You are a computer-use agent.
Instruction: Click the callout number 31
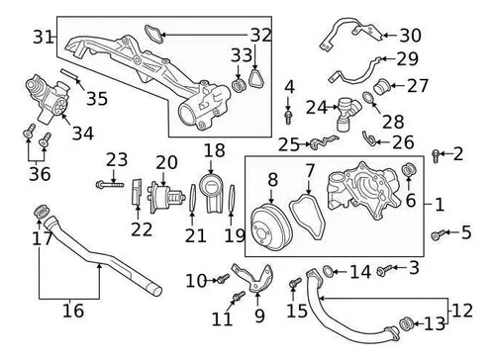(x=43, y=37)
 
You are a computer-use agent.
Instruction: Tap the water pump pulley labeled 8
(x=271, y=227)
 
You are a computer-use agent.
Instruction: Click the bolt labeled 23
(x=110, y=185)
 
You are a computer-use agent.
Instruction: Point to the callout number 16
(x=73, y=311)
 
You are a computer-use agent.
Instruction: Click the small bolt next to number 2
(x=436, y=155)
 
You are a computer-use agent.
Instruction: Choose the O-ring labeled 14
(x=328, y=271)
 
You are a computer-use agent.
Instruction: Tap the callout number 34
(x=83, y=134)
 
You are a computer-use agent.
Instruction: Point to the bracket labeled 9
(x=254, y=278)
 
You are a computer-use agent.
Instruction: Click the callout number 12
(x=462, y=311)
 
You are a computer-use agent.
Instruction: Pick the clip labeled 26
(x=369, y=139)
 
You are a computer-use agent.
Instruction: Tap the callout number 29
(x=408, y=59)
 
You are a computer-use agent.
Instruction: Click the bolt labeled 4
(x=288, y=117)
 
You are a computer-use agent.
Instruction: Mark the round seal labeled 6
(x=409, y=170)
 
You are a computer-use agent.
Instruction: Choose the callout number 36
(x=40, y=174)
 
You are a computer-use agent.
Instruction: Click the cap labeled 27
(x=382, y=87)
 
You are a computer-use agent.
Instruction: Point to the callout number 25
(x=289, y=144)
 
